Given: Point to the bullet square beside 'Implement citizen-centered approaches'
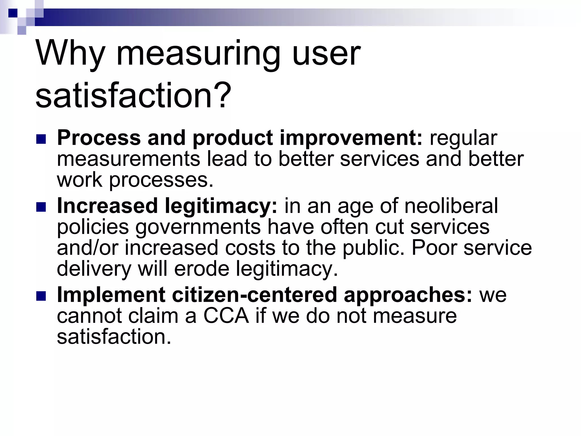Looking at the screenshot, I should pos(41,296).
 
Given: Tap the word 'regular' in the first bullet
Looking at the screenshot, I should pos(464,138).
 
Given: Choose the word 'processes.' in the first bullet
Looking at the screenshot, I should pos(161,180).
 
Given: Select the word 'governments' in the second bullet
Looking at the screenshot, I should pos(198,227).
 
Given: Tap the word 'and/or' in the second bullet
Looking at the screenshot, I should pos(87,248).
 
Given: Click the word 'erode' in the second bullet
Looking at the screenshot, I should pos(202,269).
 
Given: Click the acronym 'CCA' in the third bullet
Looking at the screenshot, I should pos(226,316).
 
